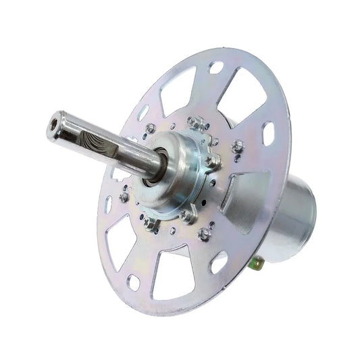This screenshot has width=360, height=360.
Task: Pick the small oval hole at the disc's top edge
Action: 215,68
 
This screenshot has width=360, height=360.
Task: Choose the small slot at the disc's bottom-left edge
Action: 133,278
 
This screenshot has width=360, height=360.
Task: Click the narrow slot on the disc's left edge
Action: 107,203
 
